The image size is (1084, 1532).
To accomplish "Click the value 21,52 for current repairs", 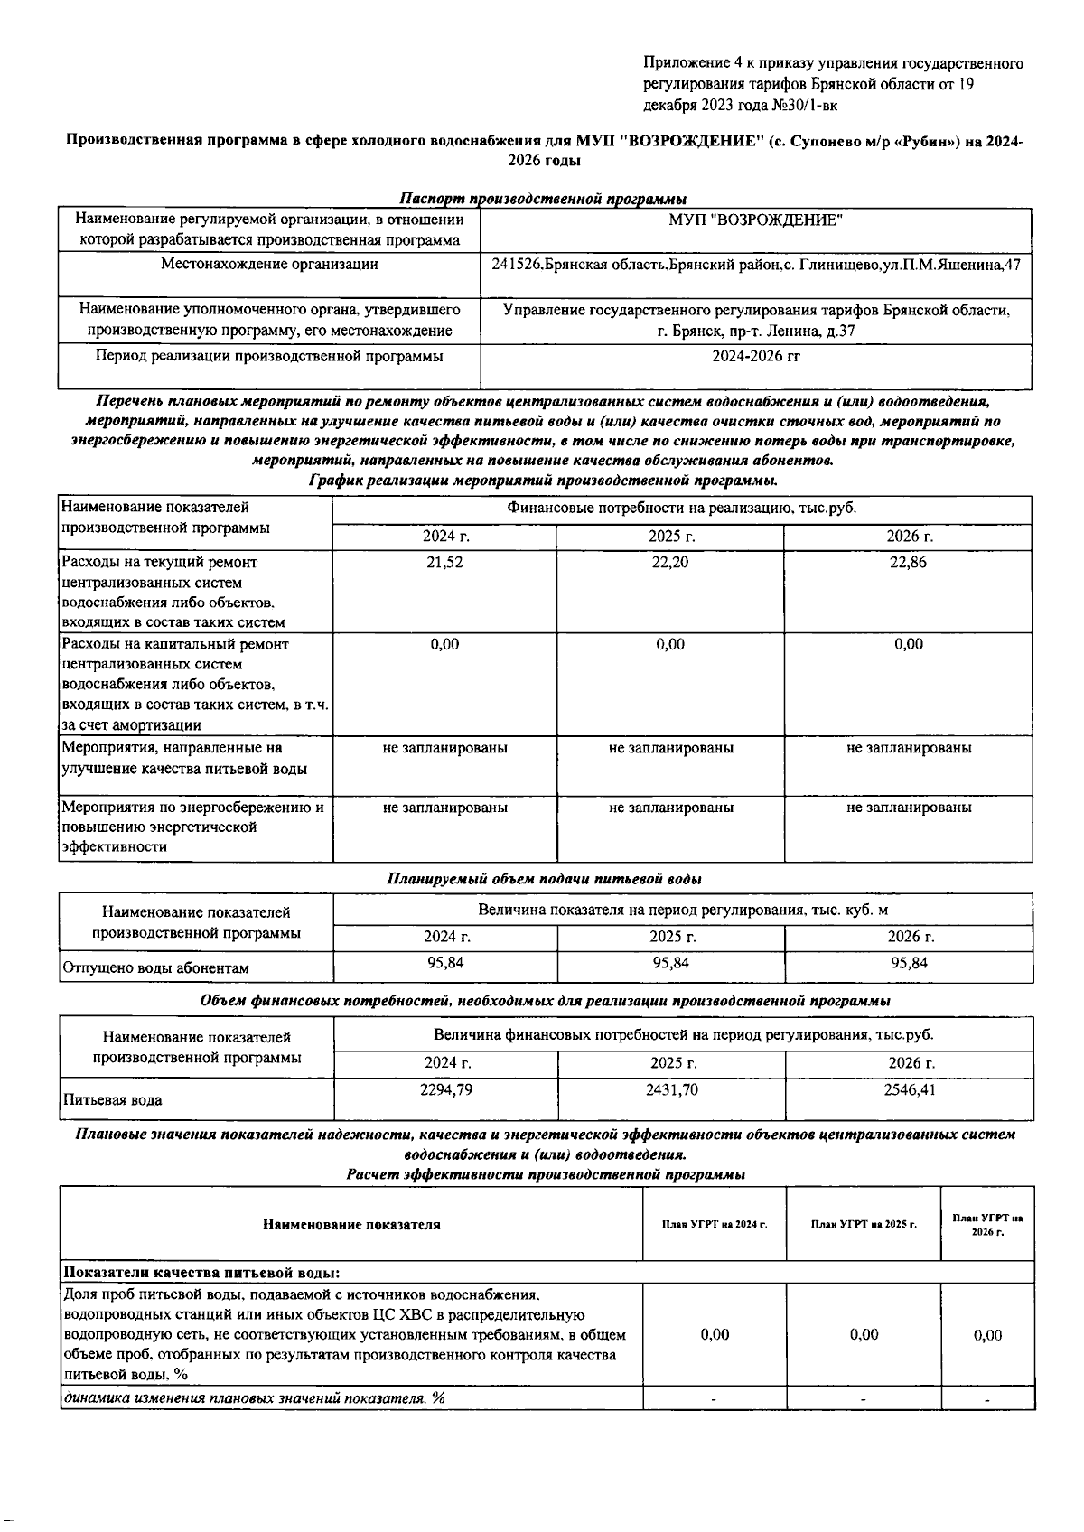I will pos(444,562).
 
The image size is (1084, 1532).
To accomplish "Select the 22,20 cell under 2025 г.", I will pos(669,562).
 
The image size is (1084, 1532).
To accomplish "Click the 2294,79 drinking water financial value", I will pos(446,1090).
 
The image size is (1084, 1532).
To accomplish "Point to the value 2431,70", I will pos(671,1090).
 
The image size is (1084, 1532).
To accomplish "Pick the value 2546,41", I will pos(910,1090).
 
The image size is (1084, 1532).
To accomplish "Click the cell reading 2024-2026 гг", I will pos(756,356).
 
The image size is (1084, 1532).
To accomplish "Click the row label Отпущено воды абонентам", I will pos(155,968).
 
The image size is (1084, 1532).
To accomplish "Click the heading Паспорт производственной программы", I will pos(542,199).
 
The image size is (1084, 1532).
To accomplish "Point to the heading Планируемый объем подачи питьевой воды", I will pos(545,879).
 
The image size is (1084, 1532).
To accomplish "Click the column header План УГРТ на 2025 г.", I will pos(864,1224).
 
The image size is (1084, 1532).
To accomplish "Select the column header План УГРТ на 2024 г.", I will pos(715,1224).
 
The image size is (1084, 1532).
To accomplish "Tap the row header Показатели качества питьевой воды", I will pos(200,1274).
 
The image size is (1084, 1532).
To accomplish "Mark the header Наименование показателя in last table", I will pos(351,1225).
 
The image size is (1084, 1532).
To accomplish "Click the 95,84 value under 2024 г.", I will pos(445,963).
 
